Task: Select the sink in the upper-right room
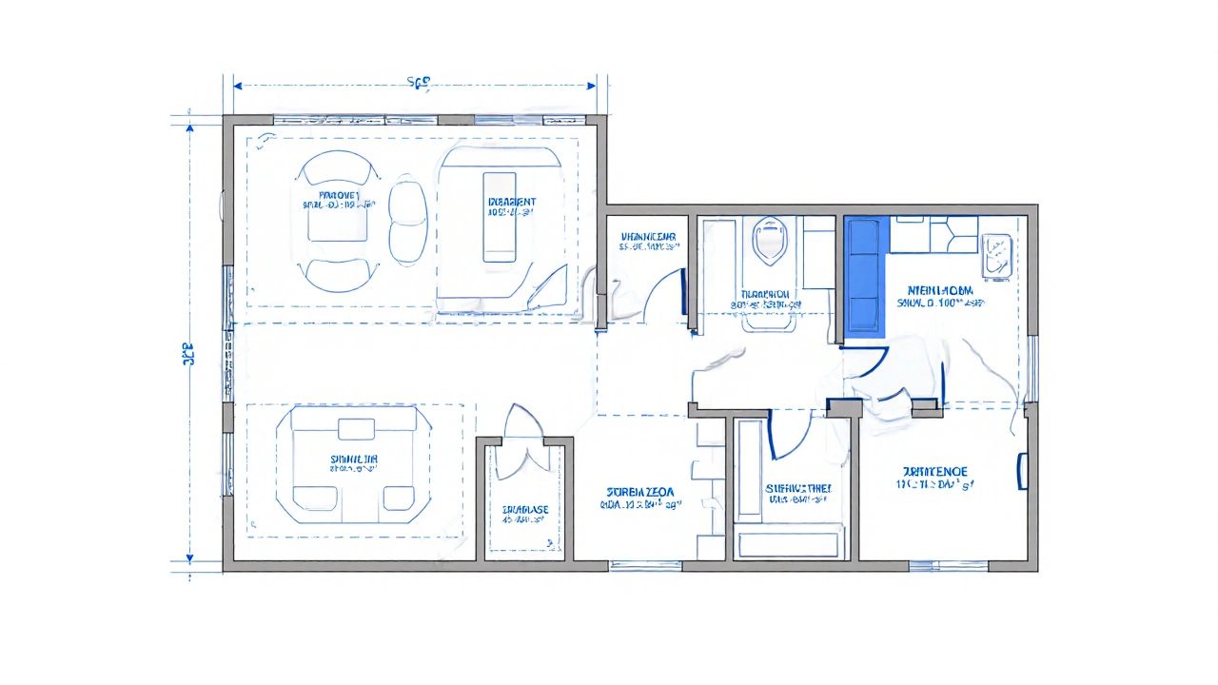pos(996,256)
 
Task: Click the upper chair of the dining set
pos(334,170)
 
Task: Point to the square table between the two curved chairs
pos(335,220)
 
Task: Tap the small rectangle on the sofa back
pos(357,428)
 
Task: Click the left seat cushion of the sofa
pos(315,497)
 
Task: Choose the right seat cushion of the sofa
pos(398,497)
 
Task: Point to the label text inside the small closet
pos(525,515)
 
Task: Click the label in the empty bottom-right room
pos(934,478)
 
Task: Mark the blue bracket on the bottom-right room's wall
pos(1022,472)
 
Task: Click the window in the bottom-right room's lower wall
pos(934,565)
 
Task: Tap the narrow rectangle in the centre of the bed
pos(499,216)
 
